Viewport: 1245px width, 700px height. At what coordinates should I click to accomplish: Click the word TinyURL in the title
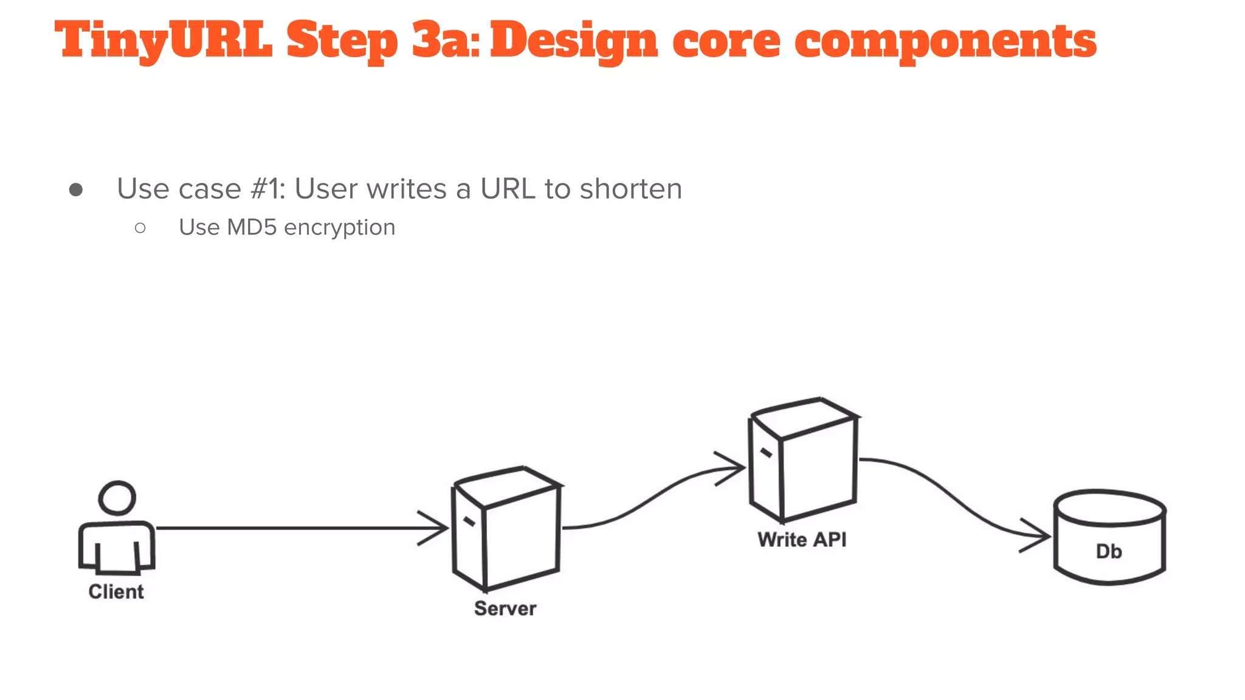point(163,40)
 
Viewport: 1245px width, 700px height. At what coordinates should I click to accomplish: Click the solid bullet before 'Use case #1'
point(76,190)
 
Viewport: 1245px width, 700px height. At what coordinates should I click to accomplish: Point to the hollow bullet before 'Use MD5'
point(140,228)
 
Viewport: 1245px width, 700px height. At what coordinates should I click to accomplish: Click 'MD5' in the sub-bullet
point(252,227)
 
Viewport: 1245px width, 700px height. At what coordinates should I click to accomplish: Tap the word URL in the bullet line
point(508,188)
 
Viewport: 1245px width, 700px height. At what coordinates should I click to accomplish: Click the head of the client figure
point(117,498)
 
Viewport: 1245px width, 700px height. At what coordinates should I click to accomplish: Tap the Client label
point(116,591)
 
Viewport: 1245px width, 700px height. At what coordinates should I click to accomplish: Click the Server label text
point(505,608)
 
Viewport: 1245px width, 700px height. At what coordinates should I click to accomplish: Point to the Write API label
point(802,540)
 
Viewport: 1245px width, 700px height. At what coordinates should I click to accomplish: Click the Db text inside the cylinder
point(1109,552)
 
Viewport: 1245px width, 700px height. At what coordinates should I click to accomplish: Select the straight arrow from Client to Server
point(292,528)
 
